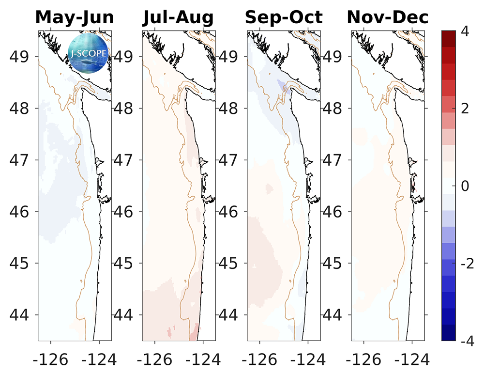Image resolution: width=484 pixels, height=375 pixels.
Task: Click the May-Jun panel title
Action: point(75,18)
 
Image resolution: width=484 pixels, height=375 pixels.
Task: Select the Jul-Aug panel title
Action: point(178,18)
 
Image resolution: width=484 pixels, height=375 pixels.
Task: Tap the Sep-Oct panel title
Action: point(284,18)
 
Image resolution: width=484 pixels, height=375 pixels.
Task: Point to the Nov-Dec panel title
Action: point(388,18)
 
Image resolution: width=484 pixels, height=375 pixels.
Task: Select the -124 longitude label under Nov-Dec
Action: point(412,359)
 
